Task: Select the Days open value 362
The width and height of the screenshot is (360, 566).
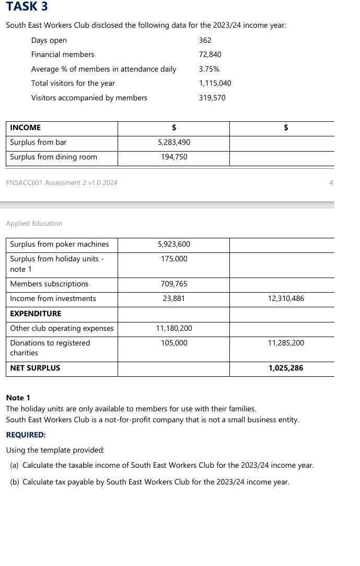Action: pyautogui.click(x=205, y=40)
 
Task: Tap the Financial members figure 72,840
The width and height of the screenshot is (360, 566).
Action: pyautogui.click(x=211, y=54)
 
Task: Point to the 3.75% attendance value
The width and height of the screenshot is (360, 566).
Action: pyautogui.click(x=209, y=69)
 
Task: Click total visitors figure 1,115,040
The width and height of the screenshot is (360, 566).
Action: pyautogui.click(x=215, y=83)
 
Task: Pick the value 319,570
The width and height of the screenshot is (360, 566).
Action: pyautogui.click(x=212, y=98)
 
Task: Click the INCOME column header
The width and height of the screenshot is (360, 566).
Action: pyautogui.click(x=25, y=128)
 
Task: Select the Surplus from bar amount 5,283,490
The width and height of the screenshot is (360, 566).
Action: pyautogui.click(x=173, y=142)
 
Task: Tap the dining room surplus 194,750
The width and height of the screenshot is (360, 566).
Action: pyautogui.click(x=173, y=157)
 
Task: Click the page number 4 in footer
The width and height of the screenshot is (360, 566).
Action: pyautogui.click(x=331, y=182)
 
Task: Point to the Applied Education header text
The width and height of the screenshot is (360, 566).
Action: pyautogui.click(x=34, y=223)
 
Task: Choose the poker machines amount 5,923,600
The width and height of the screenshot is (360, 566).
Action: pyautogui.click(x=173, y=244)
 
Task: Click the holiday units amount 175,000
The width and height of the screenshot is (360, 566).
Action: pyautogui.click(x=173, y=259)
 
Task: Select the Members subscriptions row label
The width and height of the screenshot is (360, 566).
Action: pyautogui.click(x=49, y=284)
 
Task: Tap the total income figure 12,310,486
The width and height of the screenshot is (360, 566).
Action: pyautogui.click(x=285, y=298)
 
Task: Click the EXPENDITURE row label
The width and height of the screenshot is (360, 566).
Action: pyautogui.click(x=36, y=314)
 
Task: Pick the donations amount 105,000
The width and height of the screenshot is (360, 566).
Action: pyautogui.click(x=173, y=343)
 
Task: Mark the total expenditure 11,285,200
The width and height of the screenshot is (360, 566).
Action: pyautogui.click(x=285, y=343)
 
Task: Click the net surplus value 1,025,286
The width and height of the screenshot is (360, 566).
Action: pyautogui.click(x=285, y=368)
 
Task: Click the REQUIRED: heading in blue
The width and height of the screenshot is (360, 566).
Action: pyautogui.click(x=26, y=434)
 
